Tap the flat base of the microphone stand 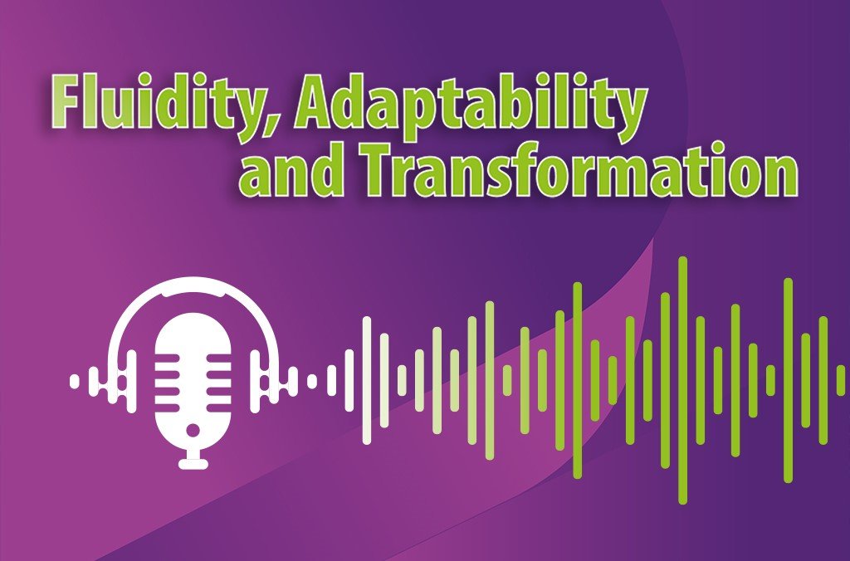[x=193, y=462]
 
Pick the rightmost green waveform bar [x=840, y=380]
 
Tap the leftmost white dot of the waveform [x=75, y=382]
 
